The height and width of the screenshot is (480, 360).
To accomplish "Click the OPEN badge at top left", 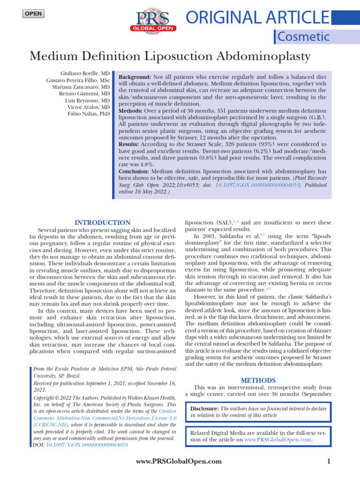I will coord(33,14).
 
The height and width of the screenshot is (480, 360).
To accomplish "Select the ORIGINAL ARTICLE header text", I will coord(257,17).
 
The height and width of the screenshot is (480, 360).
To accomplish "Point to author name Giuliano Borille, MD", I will coord(85,74).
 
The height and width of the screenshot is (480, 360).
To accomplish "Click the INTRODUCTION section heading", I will coord(103,223).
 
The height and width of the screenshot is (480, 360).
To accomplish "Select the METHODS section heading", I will coord(258,380).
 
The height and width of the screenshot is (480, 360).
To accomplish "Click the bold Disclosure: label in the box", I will coord(205,409).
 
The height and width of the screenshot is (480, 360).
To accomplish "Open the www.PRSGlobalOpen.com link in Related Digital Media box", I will coord(278,440).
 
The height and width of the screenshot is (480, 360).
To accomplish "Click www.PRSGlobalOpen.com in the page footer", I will coord(178,462).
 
